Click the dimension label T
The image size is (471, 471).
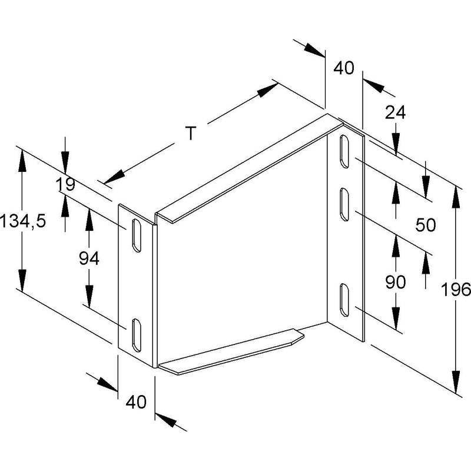coord(191,133)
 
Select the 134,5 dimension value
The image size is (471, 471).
coord(24,221)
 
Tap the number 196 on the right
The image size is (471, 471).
coord(455,290)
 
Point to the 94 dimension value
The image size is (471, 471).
coord(89,258)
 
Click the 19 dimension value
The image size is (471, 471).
coord(65,184)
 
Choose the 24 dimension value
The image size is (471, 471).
coord(395,112)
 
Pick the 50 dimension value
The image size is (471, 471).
coord(426,225)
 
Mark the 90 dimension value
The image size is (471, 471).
coord(395,283)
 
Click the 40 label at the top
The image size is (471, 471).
coord(344,68)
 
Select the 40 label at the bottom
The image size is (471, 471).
coord(136,402)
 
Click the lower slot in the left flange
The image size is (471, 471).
coord(136,335)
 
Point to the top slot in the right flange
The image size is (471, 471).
coord(344,151)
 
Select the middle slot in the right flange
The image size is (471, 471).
coord(344,204)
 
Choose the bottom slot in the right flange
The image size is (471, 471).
coord(344,300)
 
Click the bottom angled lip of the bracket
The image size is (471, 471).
coord(231,352)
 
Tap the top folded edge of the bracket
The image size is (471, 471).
coord(249,168)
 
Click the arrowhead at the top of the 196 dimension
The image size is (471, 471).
coord(456,197)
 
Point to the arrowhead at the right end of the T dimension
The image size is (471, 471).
coord(268,90)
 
